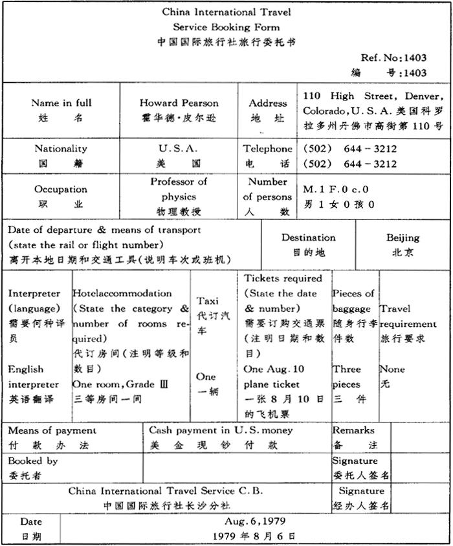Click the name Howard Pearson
pyautogui.click(x=179, y=103)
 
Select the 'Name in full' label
pyautogui.click(x=61, y=103)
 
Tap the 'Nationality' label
pyautogui.click(x=61, y=148)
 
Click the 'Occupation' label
pyautogui.click(x=61, y=190)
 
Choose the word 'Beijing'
pyautogui.click(x=403, y=237)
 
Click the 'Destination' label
pyautogui.click(x=309, y=237)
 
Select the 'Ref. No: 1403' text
pyautogui.click(x=394, y=58)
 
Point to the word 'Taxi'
pyautogui.click(x=208, y=301)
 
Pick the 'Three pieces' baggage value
pyautogui.click(x=347, y=377)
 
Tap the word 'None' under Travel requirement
pyautogui.click(x=392, y=369)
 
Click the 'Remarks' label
pyautogui.click(x=353, y=430)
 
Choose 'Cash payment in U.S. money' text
pyautogui.click(x=221, y=430)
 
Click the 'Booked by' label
pyautogui.click(x=33, y=461)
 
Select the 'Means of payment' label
pyautogui.click(x=52, y=430)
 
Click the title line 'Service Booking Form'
pyautogui.click(x=226, y=27)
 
